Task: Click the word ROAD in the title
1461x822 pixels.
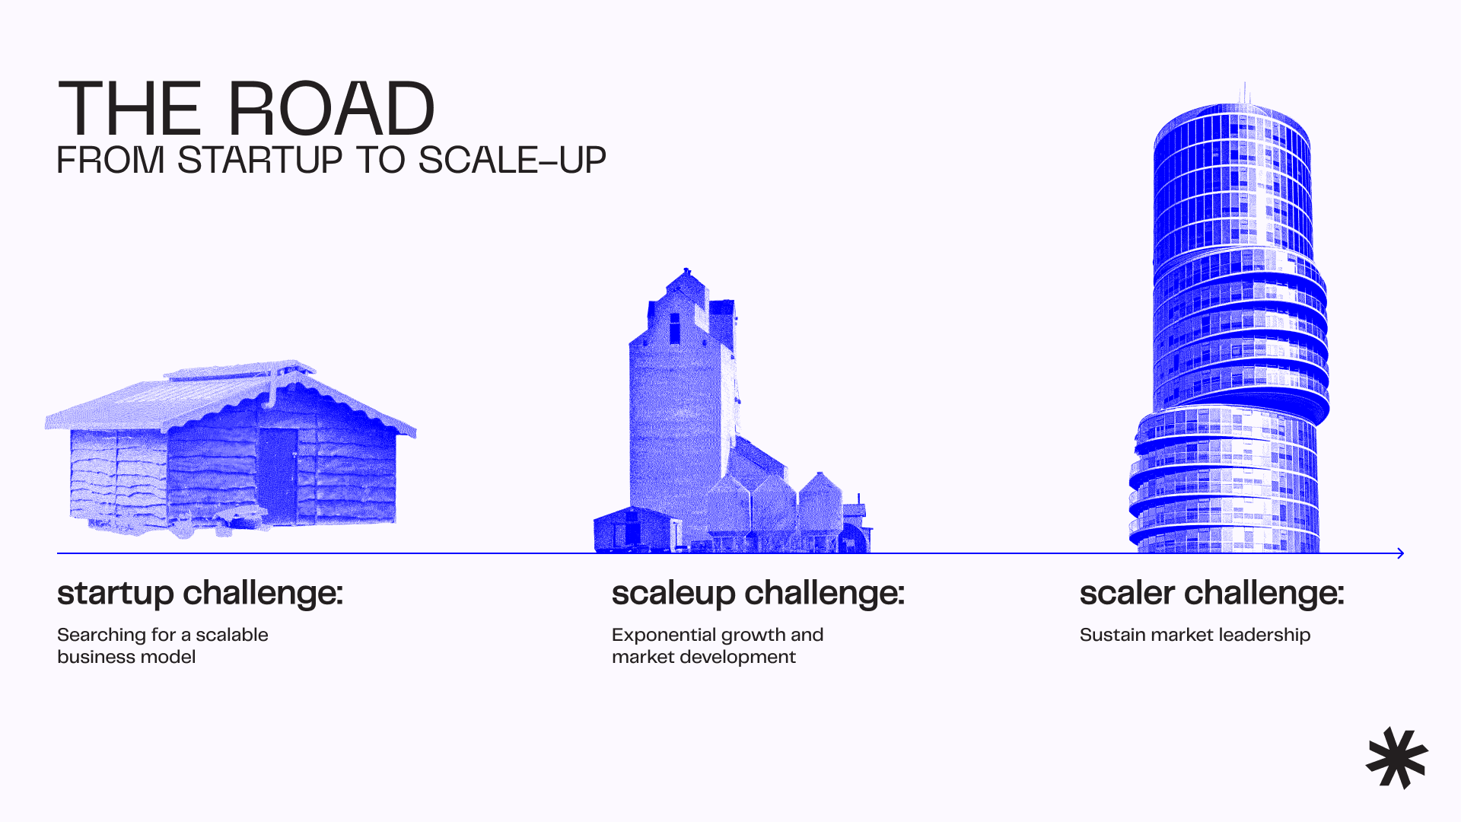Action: click(331, 110)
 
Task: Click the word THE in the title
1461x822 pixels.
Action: click(129, 110)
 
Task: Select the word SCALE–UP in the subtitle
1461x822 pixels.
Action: click(511, 161)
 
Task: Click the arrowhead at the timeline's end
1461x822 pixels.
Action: click(1400, 553)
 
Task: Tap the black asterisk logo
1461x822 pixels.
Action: click(1397, 758)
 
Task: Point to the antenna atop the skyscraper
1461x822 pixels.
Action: click(1245, 93)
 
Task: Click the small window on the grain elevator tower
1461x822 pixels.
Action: click(674, 328)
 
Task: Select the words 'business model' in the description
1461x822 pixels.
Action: click(126, 657)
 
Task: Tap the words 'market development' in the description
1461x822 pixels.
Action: click(703, 657)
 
